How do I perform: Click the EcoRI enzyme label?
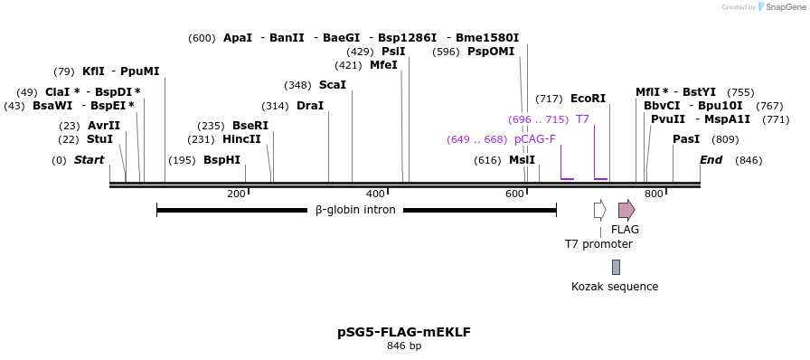click(x=588, y=99)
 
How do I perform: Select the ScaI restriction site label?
click(x=332, y=85)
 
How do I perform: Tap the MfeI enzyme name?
click(x=383, y=65)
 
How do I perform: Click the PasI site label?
click(x=686, y=139)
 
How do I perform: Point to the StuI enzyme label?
click(x=99, y=139)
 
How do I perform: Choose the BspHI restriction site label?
click(x=221, y=160)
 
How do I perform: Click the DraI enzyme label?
click(x=309, y=106)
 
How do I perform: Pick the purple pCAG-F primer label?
click(x=534, y=139)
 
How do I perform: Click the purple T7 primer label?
click(x=582, y=119)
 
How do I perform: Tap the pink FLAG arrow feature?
click(x=626, y=210)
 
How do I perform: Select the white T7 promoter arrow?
click(x=599, y=210)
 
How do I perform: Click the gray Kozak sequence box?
click(x=616, y=267)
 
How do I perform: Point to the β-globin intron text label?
click(x=355, y=210)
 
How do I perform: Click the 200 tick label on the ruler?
click(x=237, y=194)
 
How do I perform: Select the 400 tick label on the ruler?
click(x=376, y=194)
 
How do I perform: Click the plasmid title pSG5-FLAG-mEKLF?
click(x=404, y=332)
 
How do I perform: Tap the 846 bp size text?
click(x=404, y=346)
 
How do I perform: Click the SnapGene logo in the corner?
click(x=778, y=7)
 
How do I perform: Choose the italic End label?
click(x=711, y=160)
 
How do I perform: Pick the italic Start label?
click(x=89, y=160)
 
